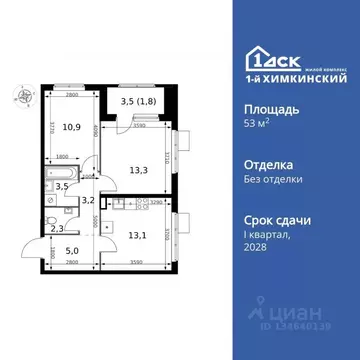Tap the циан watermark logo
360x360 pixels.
pos(316,318)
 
